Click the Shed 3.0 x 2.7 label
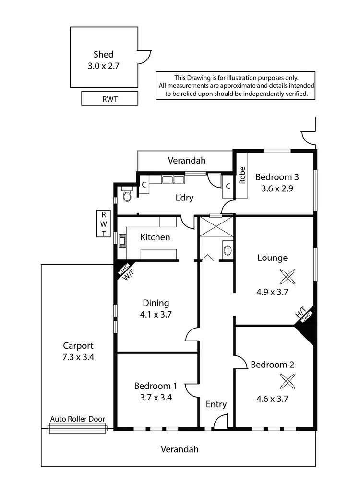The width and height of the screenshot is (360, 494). point(103,60)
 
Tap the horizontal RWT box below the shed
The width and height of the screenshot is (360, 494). point(110,98)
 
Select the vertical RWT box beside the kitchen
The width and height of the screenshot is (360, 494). point(103,224)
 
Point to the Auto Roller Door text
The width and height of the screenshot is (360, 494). point(77,419)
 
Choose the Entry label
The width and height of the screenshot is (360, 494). point(216,404)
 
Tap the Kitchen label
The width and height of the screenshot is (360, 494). point(155,237)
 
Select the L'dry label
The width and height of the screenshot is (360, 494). point(184,197)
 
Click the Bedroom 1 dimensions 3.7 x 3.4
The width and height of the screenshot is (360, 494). point(156,397)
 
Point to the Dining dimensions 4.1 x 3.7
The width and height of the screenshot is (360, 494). point(156,315)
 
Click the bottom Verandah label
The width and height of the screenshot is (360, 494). point(179,449)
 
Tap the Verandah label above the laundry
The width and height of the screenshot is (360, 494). point(186,160)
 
